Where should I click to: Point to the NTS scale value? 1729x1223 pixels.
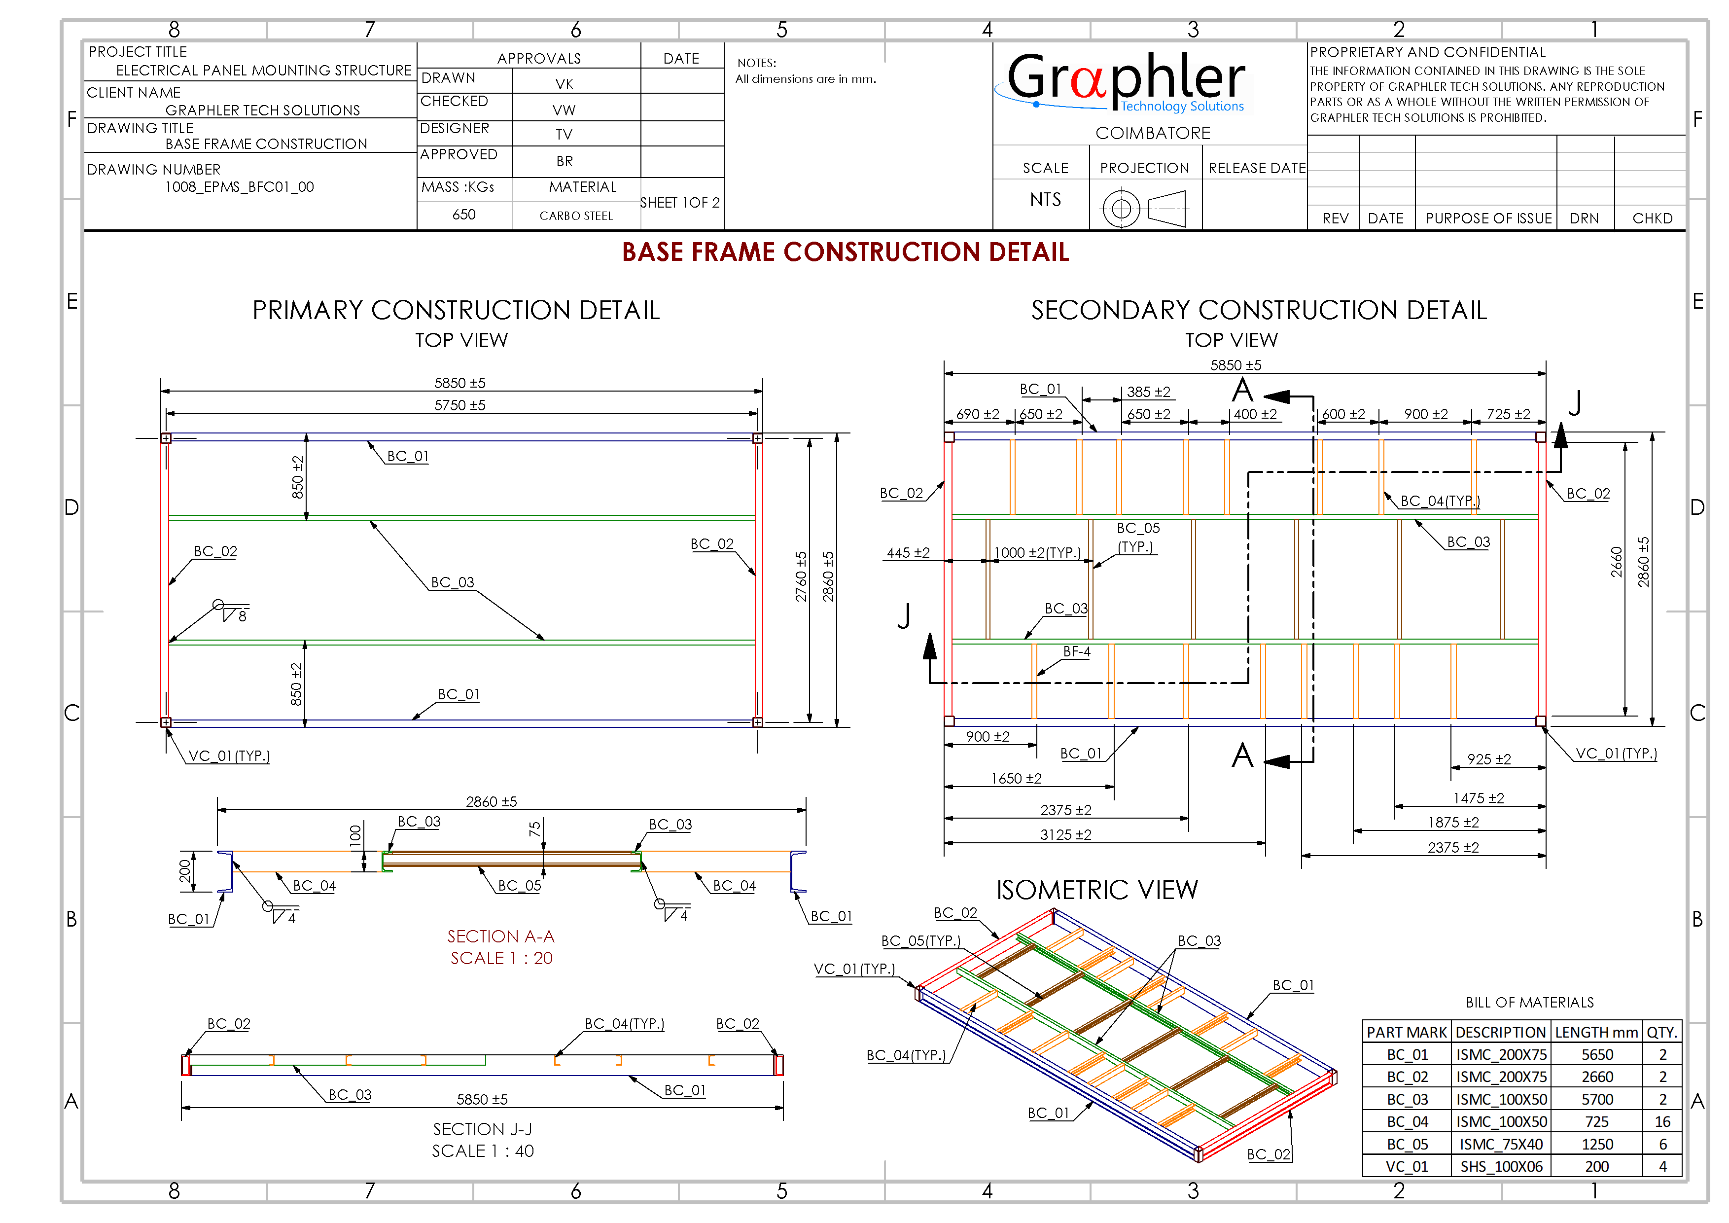pos(1045,200)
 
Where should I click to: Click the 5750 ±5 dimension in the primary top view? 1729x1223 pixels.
pos(459,405)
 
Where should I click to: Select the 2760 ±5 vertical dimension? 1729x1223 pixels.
pos(801,576)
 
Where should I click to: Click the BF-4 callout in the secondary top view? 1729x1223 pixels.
pos(1076,651)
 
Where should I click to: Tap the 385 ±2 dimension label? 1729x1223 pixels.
pos(1148,392)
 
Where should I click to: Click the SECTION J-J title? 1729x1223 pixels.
pos(482,1129)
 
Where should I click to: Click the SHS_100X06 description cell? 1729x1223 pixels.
pos(1501,1166)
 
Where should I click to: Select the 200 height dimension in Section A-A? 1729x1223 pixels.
pos(184,871)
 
